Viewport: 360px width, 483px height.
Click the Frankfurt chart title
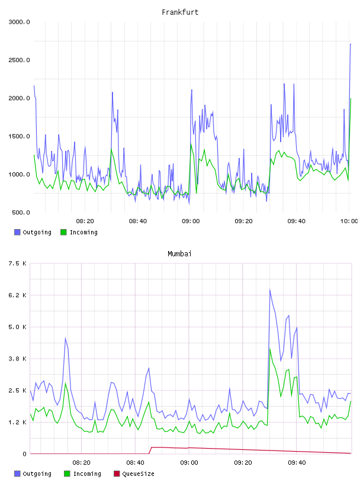click(180, 12)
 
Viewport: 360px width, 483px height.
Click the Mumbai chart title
click(179, 254)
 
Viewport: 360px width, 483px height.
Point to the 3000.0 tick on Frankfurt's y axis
click(19, 22)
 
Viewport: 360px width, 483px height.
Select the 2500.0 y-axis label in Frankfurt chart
click(19, 60)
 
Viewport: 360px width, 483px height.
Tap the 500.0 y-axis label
click(21, 212)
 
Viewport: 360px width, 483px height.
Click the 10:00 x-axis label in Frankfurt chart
click(349, 221)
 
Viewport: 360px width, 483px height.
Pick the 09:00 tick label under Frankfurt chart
click(191, 221)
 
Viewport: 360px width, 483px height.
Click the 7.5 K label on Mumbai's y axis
click(17, 263)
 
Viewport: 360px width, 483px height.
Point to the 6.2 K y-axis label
click(17, 295)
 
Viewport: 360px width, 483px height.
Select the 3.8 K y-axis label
click(17, 359)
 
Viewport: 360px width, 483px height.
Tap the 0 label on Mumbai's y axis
click(24, 454)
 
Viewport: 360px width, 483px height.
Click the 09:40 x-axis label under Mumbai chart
click(297, 463)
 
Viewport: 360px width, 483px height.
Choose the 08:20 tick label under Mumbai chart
click(81, 463)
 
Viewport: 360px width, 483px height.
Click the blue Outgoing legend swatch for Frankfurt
click(17, 232)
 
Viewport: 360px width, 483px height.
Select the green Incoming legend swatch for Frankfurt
click(63, 232)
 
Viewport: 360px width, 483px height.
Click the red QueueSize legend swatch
click(117, 474)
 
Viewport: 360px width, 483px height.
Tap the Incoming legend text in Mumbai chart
click(87, 474)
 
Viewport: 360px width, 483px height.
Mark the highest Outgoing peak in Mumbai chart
click(269, 289)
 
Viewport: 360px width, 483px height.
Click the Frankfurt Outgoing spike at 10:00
click(351, 44)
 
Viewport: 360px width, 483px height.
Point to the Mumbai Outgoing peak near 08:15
click(65, 338)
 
